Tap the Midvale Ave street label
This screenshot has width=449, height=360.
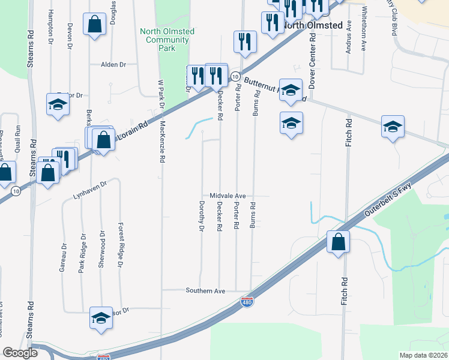click(x=228, y=196)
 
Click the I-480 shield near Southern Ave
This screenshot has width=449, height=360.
click(x=247, y=302)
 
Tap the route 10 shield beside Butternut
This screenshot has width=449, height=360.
click(x=236, y=77)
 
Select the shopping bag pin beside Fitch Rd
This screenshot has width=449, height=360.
click(x=339, y=242)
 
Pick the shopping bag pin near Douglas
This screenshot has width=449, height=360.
click(x=94, y=25)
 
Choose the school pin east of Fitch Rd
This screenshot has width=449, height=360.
click(x=393, y=127)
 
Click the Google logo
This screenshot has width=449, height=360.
click(x=20, y=353)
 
